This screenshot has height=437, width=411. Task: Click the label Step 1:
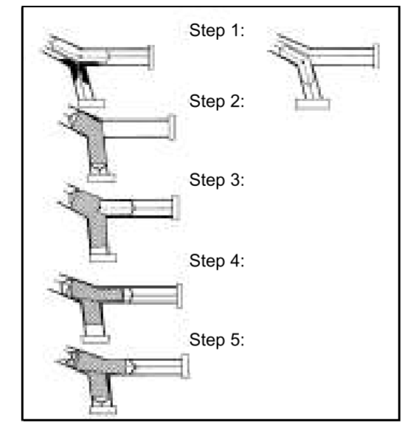[217, 30]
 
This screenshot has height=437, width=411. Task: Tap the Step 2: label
[217, 101]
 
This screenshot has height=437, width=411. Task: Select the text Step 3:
[217, 180]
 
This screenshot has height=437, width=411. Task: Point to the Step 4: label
[217, 261]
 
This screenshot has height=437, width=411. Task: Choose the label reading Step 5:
[217, 340]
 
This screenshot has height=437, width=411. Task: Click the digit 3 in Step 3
[232, 180]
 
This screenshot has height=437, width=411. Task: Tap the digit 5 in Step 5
[232, 340]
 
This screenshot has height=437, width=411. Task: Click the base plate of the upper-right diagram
[313, 105]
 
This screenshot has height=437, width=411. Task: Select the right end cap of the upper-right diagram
[376, 56]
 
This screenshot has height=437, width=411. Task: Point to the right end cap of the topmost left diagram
[151, 58]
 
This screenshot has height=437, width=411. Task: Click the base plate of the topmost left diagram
[91, 103]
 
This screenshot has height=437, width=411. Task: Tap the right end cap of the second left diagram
[173, 128]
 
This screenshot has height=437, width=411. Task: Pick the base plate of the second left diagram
[102, 177]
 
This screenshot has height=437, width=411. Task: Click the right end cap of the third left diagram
[176, 207]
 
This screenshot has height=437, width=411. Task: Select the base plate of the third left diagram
[103, 258]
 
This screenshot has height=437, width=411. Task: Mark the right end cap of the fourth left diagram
[180, 296]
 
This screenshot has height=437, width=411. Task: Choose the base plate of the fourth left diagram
[95, 339]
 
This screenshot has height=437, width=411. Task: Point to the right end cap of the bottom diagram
[185, 366]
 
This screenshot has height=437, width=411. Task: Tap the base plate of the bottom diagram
[103, 410]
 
